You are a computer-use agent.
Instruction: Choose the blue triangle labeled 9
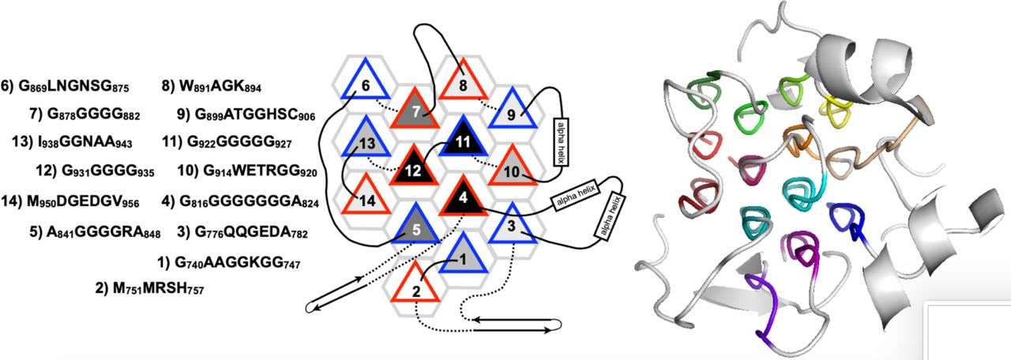pos(511,111)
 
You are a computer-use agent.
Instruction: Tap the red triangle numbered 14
pos(367,197)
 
